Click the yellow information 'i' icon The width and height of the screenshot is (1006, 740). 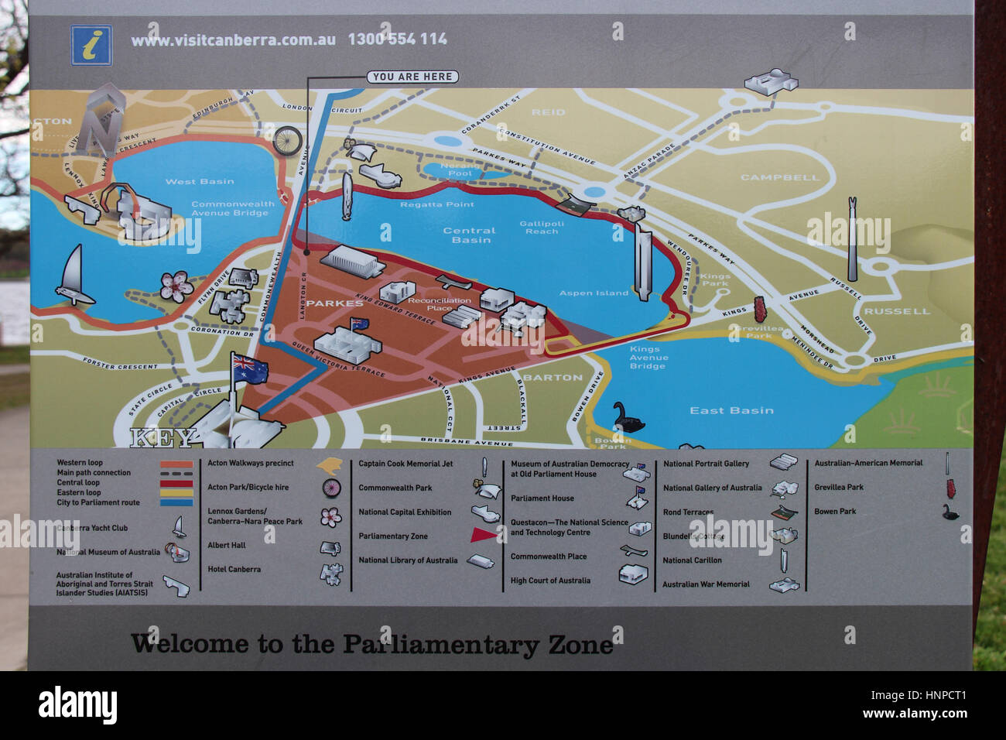point(91,46)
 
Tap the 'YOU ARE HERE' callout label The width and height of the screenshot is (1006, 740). point(412,77)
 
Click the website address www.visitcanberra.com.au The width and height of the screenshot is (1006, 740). point(233,39)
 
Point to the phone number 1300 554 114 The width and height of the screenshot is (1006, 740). point(397,39)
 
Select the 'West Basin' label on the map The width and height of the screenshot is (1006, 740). point(200,182)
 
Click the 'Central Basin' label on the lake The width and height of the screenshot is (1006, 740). point(469,235)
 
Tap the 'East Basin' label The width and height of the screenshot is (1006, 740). point(731,410)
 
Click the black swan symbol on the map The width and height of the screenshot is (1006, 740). point(628,418)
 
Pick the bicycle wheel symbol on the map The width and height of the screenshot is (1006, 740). point(286,141)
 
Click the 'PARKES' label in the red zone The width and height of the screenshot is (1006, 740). point(334,303)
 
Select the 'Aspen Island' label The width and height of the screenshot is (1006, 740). point(594,293)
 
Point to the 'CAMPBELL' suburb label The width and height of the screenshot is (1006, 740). point(779,177)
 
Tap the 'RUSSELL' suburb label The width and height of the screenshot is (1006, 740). point(897,311)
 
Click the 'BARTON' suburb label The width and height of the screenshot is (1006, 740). point(553,378)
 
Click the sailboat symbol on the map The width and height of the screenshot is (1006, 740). point(73,276)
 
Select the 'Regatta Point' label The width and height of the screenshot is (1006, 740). point(436,204)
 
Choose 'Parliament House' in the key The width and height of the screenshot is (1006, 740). point(542,498)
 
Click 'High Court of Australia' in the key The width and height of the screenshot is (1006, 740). point(550,581)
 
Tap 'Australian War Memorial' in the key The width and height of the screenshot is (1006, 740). point(706,584)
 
